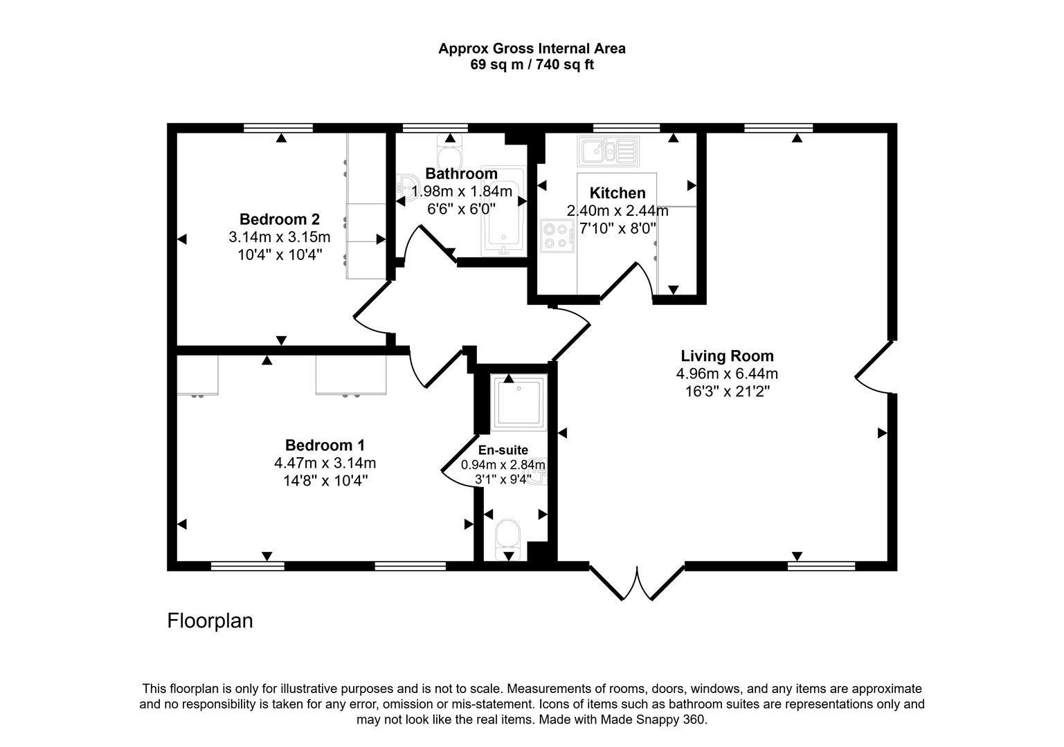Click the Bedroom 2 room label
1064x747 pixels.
tap(279, 219)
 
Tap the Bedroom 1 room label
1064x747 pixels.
tap(325, 445)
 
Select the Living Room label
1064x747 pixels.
tap(728, 356)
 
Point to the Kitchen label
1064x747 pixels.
tap(617, 193)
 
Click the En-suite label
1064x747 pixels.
tap(503, 450)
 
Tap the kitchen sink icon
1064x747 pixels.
tap(608, 151)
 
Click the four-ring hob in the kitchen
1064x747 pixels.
tap(557, 236)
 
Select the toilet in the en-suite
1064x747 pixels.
tap(508, 539)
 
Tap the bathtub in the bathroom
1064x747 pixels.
tap(503, 211)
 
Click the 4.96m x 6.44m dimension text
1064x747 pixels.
tap(728, 374)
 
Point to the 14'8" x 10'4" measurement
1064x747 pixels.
tap(325, 481)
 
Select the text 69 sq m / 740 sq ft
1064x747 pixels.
tap(532, 64)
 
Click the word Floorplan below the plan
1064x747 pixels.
tap(210, 620)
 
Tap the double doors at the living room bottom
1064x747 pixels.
tap(636, 583)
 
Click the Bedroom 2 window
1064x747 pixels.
tap(278, 128)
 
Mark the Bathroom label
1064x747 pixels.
tap(461, 174)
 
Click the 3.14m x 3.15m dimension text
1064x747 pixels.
tap(279, 237)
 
